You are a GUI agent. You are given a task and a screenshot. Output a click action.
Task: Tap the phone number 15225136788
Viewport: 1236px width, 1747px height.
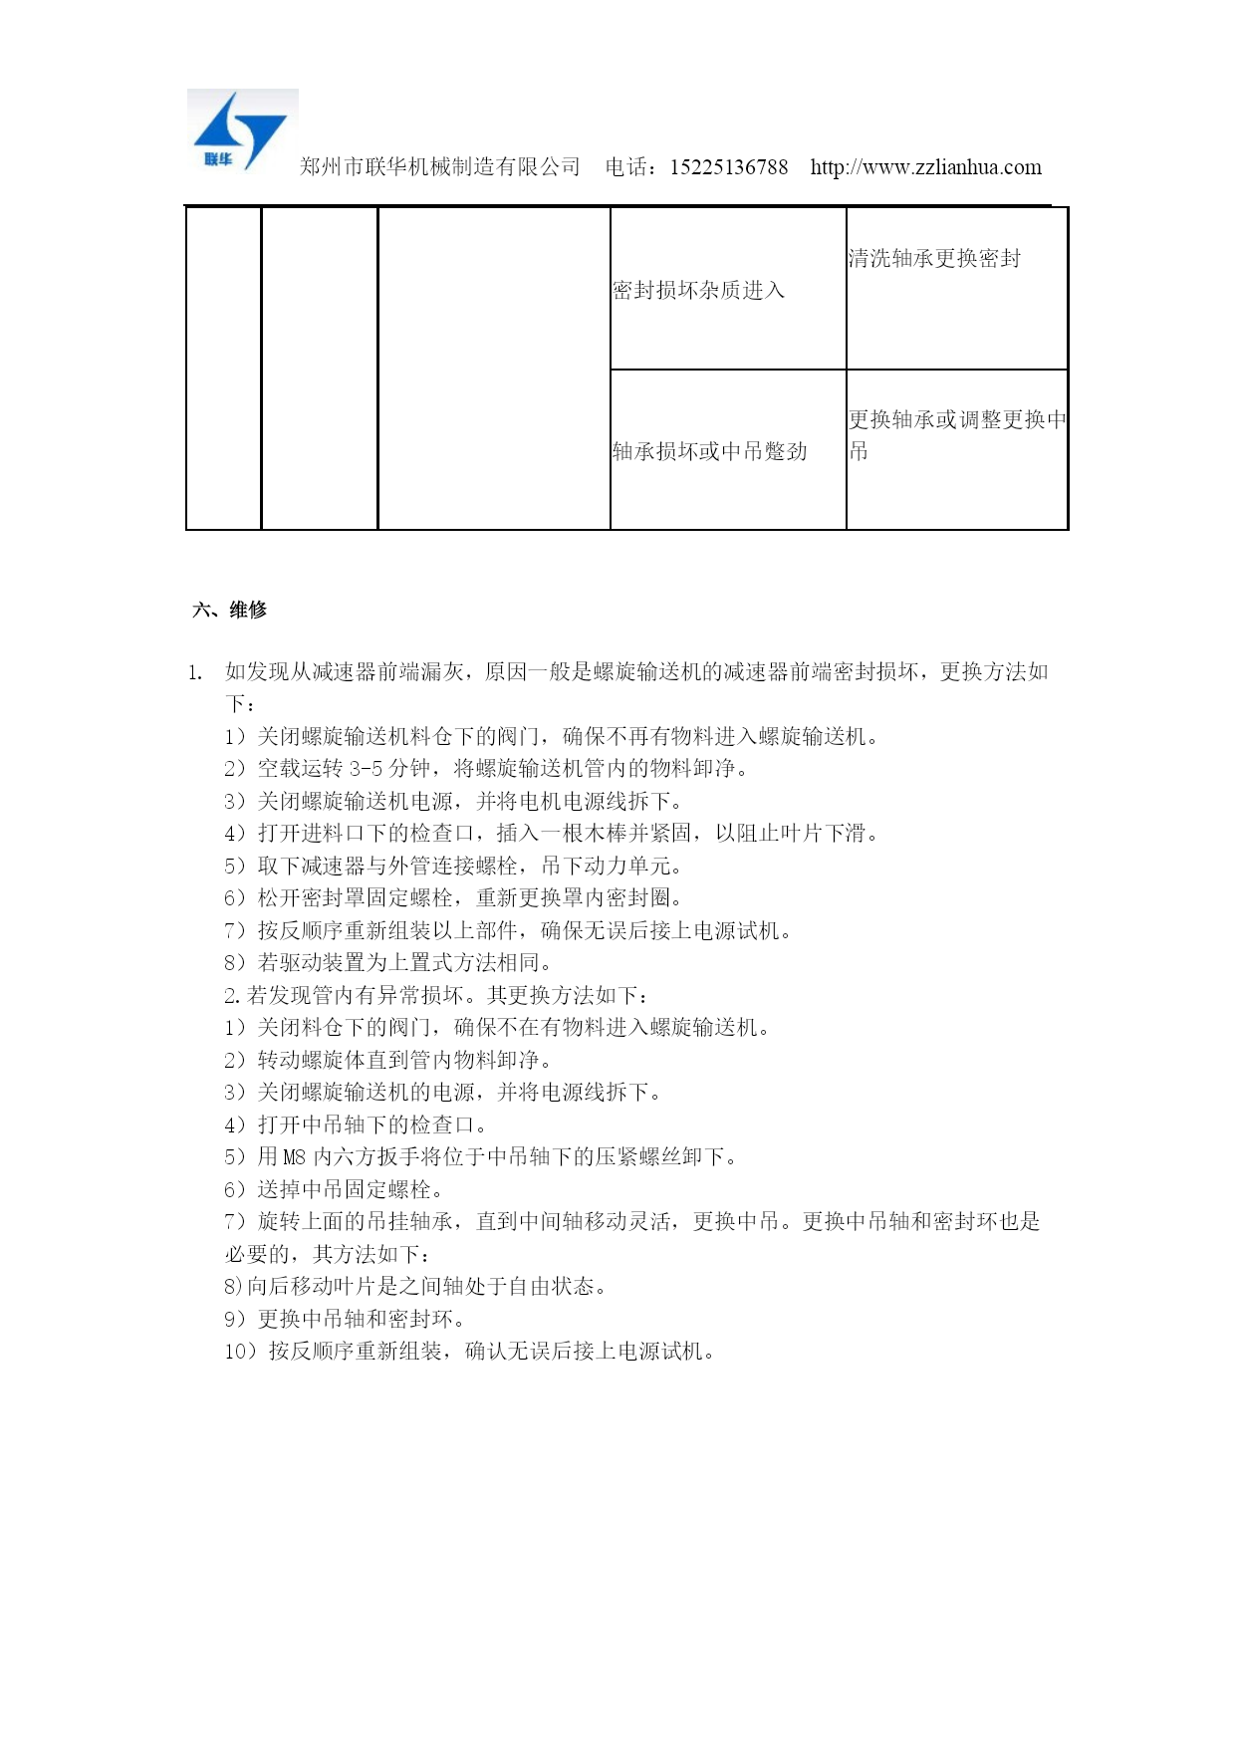[728, 167]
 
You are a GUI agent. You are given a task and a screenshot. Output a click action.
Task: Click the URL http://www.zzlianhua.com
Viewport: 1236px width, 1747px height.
[925, 167]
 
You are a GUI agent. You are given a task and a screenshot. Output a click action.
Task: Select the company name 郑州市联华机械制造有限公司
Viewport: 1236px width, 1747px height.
[439, 167]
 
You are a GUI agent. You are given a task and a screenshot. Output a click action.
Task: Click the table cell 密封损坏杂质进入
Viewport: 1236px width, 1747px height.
[699, 290]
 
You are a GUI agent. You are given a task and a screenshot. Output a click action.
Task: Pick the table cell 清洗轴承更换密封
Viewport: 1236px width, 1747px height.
[934, 259]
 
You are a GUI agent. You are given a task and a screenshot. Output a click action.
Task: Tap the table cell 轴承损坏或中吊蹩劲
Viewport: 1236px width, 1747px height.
[709, 451]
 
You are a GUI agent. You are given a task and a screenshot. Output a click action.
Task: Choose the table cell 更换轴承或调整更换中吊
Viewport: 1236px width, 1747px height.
[956, 434]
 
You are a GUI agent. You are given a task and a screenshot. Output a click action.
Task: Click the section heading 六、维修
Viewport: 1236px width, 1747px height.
[229, 610]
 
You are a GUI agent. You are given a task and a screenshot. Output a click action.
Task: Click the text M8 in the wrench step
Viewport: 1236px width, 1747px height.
[295, 1156]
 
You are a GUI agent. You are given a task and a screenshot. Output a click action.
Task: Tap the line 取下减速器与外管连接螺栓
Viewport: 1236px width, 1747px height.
[453, 866]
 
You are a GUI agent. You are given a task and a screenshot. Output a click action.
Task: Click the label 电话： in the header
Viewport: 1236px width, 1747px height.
[631, 167]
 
